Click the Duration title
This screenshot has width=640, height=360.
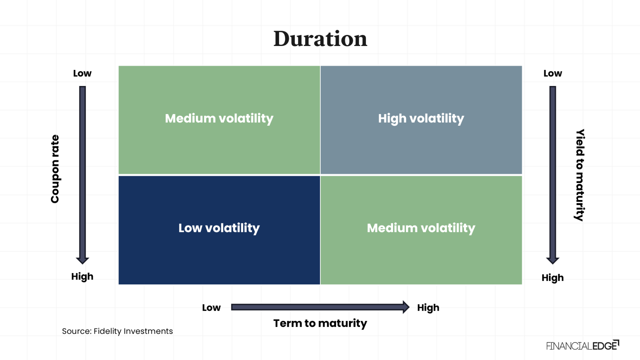pyautogui.click(x=320, y=39)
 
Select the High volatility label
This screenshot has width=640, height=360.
pyautogui.click(x=421, y=118)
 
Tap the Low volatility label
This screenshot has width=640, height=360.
pyautogui.click(x=219, y=228)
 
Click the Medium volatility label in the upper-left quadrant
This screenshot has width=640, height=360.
pyautogui.click(x=219, y=118)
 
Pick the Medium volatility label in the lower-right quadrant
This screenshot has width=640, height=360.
pyautogui.click(x=421, y=228)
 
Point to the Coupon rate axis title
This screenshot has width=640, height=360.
pyautogui.click(x=55, y=169)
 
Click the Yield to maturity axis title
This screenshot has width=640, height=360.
pyautogui.click(x=580, y=175)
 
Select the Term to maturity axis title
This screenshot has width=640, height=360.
pyautogui.click(x=320, y=323)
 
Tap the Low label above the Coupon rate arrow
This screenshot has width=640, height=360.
pyautogui.click(x=82, y=73)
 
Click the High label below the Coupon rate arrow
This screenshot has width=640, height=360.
pyautogui.click(x=82, y=277)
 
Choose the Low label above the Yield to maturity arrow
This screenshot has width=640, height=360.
pyautogui.click(x=553, y=73)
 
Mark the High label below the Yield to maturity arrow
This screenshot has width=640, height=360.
pyautogui.click(x=553, y=278)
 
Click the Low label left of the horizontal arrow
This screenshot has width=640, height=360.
pyautogui.click(x=211, y=308)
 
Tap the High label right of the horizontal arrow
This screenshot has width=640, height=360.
pyautogui.click(x=428, y=308)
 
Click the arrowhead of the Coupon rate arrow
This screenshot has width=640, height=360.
pyautogui.click(x=82, y=260)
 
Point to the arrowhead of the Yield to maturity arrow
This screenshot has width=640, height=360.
pyautogui.click(x=553, y=260)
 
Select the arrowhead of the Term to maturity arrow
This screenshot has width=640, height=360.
pyautogui.click(x=406, y=307)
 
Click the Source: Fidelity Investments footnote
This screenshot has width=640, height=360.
pyautogui.click(x=117, y=331)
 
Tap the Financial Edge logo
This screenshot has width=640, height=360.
pyautogui.click(x=582, y=345)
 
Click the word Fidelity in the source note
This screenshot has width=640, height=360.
pyautogui.click(x=107, y=331)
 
